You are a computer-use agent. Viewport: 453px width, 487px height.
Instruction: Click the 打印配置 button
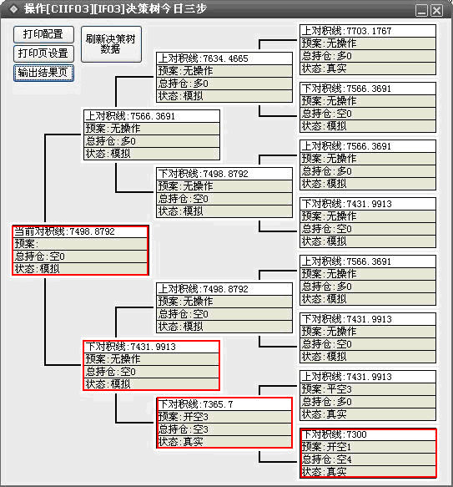pos(43,34)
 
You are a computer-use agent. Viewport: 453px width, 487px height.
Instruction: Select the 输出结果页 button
pos(43,73)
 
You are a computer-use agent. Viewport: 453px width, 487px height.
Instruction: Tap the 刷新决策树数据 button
pos(111,44)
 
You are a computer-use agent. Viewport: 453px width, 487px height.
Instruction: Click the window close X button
pos(437,11)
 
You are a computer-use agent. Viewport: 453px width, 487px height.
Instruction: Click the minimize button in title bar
pos(421,11)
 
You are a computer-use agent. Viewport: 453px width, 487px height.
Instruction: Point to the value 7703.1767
pos(369,31)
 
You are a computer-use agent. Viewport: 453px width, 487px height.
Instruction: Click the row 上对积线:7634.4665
pos(224,58)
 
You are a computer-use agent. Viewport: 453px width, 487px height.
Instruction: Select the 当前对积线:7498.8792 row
pos(80,231)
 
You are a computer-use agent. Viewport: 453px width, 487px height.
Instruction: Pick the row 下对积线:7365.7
pos(224,404)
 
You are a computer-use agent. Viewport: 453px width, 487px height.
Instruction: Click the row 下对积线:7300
pos(368,434)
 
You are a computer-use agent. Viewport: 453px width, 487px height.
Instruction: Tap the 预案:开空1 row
pos(368,447)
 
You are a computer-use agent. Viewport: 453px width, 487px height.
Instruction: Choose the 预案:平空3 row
pos(368,389)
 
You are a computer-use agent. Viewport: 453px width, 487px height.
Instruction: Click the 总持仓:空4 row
pos(368,459)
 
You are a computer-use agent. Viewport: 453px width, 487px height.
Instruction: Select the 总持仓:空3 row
pos(224,429)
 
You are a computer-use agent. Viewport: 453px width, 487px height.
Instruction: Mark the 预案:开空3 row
pos(224,417)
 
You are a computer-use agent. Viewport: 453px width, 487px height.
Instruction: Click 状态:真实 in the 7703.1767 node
pos(368,68)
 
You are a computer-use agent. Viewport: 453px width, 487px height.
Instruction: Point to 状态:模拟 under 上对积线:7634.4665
pos(224,96)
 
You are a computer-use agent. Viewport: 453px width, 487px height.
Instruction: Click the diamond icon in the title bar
pos(13,9)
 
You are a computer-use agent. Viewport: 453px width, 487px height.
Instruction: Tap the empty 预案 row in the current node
pos(80,244)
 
